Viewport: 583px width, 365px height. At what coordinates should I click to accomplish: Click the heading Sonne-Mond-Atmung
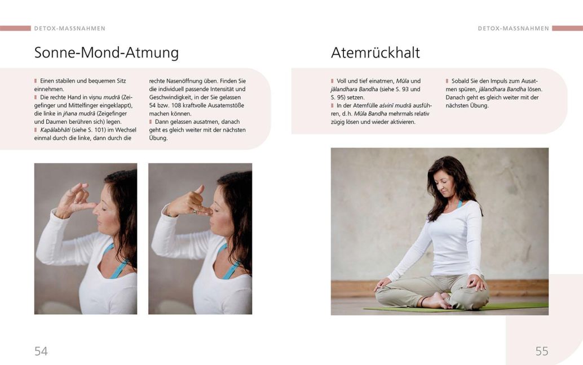point(107,53)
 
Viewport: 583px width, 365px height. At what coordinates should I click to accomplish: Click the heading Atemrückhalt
point(375,53)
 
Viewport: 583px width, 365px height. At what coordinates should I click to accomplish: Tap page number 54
point(41,351)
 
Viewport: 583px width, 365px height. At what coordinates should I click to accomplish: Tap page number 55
point(542,351)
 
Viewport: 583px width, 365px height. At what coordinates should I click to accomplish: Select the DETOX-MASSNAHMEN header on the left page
point(70,28)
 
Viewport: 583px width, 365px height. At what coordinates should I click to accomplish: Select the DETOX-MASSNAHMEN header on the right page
point(513,28)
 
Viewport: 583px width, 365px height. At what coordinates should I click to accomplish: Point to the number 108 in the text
point(176,105)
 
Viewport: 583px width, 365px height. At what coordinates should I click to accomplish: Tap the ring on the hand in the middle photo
point(195,211)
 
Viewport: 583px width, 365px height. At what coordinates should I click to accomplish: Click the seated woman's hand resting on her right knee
point(475,283)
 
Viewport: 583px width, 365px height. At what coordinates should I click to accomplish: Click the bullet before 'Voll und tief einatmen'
point(333,81)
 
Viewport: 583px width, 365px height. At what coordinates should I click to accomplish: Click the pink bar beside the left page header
point(15,28)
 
